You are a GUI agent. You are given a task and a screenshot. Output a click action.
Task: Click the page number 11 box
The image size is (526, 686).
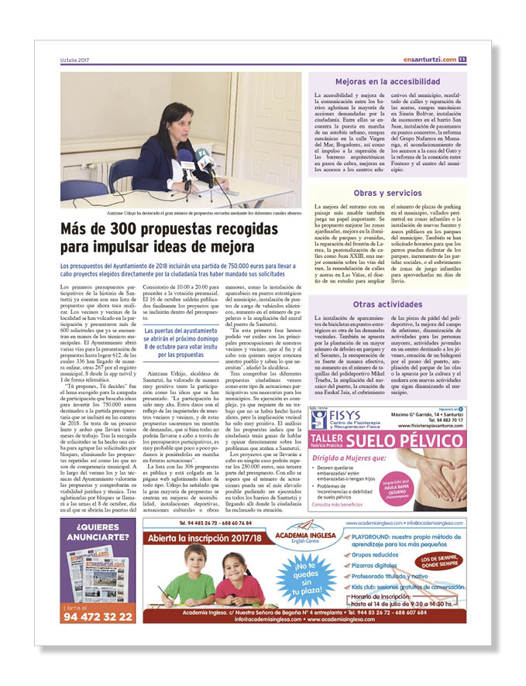click(x=462, y=60)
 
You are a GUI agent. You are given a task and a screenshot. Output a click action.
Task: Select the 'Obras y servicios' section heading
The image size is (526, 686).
click(x=387, y=193)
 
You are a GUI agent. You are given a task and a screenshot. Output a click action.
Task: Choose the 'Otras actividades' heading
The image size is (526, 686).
click(x=387, y=304)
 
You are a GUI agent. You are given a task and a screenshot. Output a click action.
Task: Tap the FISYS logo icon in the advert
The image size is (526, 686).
click(x=318, y=420)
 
